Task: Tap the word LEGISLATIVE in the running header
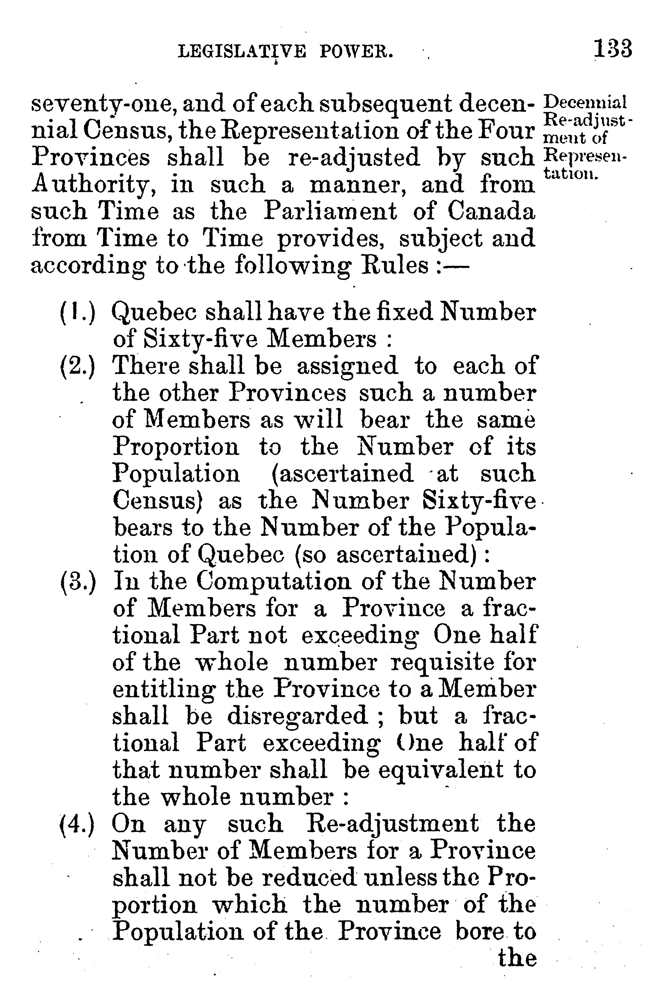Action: coord(242,53)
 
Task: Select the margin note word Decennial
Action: coord(585,103)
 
